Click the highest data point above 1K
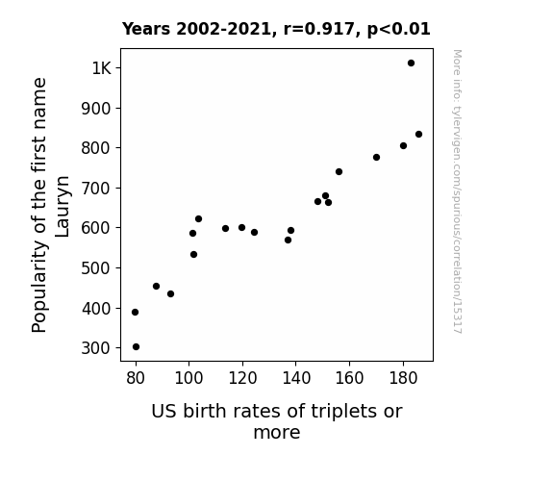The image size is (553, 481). point(411,63)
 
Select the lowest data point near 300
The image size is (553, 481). point(136,347)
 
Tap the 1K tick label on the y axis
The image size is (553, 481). point(102,68)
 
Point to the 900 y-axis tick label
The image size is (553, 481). point(96,109)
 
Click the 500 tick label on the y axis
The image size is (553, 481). point(96,268)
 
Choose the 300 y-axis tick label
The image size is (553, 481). point(96,348)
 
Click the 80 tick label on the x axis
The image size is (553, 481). point(136,378)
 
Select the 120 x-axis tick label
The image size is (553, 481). point(242,378)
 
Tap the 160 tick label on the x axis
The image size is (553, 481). point(349,378)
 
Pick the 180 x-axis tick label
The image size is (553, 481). point(403,378)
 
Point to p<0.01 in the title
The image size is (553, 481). point(399,30)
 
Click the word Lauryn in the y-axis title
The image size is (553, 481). point(63,207)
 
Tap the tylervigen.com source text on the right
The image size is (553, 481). point(457,191)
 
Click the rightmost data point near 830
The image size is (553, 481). point(418,134)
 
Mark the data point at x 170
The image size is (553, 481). point(376,157)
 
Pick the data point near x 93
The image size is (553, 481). point(170,293)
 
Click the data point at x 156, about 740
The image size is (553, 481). point(339,171)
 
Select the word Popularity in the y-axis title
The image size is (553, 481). point(39,287)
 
